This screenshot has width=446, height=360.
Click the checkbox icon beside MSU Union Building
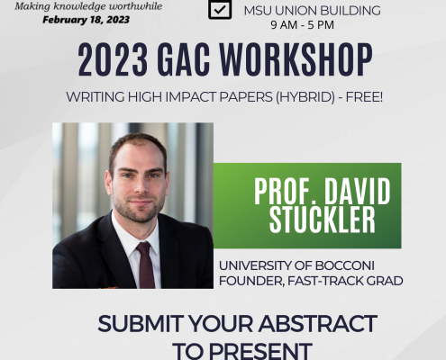coord(220,9)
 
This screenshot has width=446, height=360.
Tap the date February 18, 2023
coord(86,20)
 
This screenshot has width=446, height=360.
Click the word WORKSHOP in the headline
coord(296,59)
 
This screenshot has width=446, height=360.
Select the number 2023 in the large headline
coord(113,59)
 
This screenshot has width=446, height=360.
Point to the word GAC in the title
coord(183,59)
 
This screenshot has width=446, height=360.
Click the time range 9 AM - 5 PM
coord(302,25)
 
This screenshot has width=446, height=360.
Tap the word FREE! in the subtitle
coord(364,97)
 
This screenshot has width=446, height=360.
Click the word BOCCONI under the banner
coord(345,265)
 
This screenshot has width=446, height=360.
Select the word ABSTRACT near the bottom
coord(318,324)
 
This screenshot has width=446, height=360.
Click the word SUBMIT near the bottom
coord(141,324)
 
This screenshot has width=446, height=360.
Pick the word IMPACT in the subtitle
coord(191,97)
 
